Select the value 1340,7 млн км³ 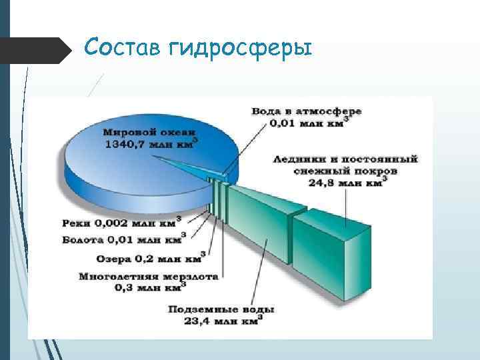(148, 144)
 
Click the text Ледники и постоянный (346, 159)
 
